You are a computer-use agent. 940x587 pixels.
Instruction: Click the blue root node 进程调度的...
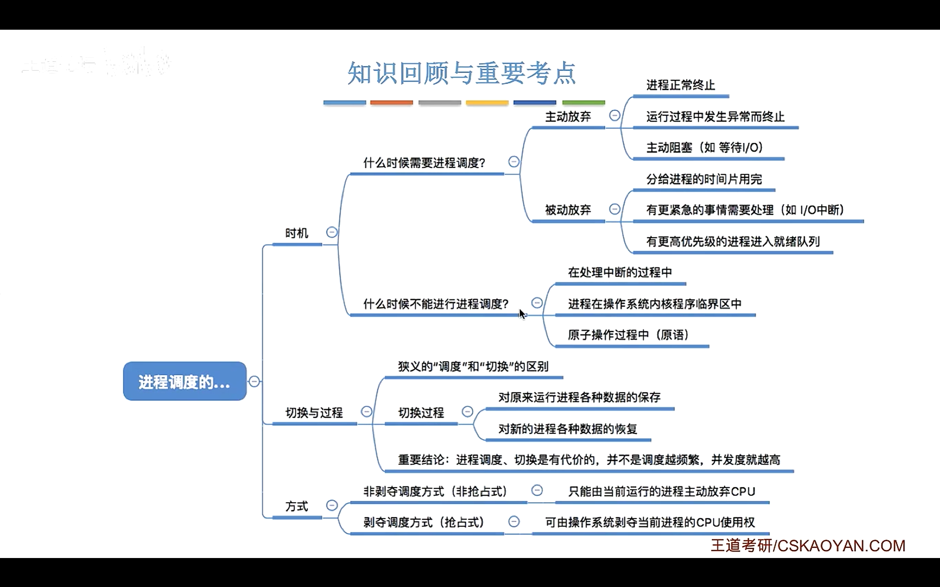point(184,381)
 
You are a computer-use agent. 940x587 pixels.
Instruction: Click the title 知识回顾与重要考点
point(461,73)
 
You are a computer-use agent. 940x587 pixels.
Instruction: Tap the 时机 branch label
point(297,233)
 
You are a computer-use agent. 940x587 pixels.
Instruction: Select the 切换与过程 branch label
point(314,413)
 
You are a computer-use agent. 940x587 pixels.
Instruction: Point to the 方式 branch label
point(297,507)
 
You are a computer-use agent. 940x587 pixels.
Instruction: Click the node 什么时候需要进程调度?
point(424,163)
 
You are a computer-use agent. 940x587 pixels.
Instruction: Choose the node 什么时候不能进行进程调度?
point(436,304)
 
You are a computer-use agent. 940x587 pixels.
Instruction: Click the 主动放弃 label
point(568,116)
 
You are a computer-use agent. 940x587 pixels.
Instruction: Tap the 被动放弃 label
point(568,210)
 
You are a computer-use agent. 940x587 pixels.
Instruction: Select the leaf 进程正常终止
point(680,85)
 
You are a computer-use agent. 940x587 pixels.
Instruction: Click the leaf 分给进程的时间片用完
point(704,179)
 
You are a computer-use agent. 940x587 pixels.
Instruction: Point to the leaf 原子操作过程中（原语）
point(628,335)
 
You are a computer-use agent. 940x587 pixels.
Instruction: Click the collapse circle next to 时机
point(332,233)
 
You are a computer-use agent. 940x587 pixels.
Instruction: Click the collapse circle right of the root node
point(254,381)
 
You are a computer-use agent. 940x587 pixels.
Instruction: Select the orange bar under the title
point(391,102)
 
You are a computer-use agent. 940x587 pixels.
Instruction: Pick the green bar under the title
point(583,102)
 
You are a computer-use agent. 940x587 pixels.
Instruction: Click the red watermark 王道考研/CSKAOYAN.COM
point(808,546)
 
